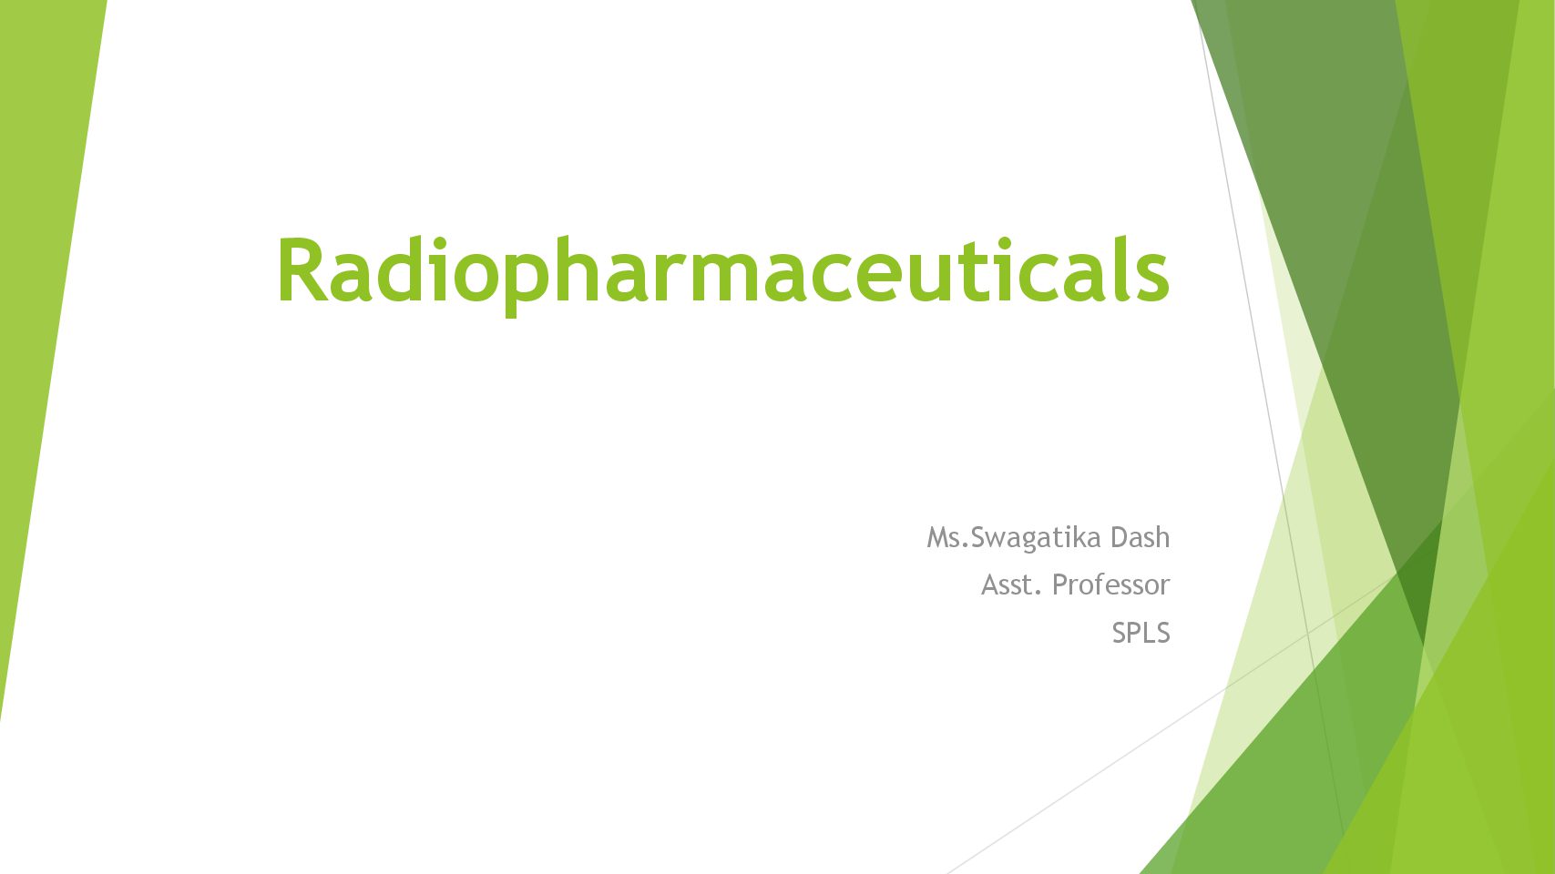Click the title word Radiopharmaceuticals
(x=723, y=275)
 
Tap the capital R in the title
(x=303, y=269)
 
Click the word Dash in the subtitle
(x=1140, y=537)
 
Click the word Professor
(x=1110, y=585)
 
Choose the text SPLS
(x=1141, y=633)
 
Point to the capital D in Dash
(x=1120, y=537)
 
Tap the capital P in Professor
(x=1060, y=584)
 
